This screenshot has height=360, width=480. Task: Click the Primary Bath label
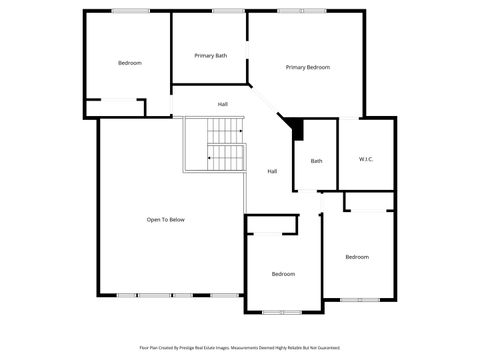pyautogui.click(x=210, y=56)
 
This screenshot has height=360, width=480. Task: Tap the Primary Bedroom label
pyautogui.click(x=307, y=68)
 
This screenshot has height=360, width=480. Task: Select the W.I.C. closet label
pyautogui.click(x=366, y=160)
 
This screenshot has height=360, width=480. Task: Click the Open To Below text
pyautogui.click(x=165, y=220)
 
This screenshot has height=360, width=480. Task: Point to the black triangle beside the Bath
pyautogui.click(x=295, y=128)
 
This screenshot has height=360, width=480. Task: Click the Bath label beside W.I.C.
pyautogui.click(x=316, y=161)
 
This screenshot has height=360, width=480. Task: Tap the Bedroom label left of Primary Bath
pyautogui.click(x=130, y=63)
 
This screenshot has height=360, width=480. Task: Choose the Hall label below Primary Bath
pyautogui.click(x=223, y=104)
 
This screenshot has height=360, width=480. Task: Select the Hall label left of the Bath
pyautogui.click(x=272, y=171)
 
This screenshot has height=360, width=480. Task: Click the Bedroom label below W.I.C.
pyautogui.click(x=357, y=257)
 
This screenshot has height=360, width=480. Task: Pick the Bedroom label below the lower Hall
pyautogui.click(x=284, y=274)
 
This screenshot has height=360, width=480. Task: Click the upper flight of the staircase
pyautogui.click(x=226, y=130)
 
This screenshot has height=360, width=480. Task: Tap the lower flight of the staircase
pyautogui.click(x=226, y=158)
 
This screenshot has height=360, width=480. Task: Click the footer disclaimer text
pyautogui.click(x=240, y=348)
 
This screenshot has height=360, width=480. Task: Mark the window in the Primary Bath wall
pyautogui.click(x=229, y=11)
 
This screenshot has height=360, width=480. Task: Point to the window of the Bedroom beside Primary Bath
pyautogui.click(x=130, y=11)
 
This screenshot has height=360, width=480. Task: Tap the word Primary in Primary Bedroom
pyautogui.click(x=296, y=68)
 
